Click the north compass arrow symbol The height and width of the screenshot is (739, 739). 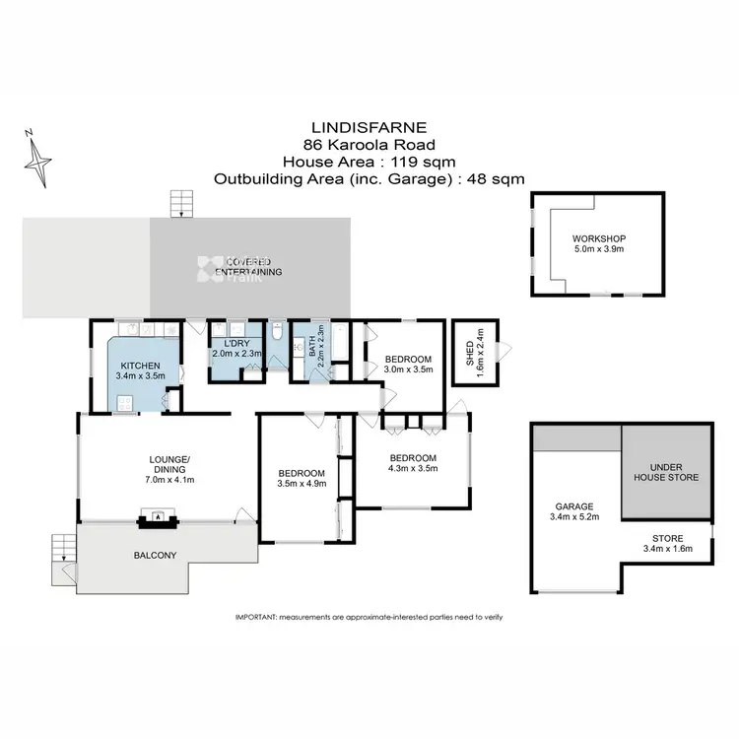click(x=39, y=159)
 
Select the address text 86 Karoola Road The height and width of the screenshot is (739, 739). click(x=369, y=145)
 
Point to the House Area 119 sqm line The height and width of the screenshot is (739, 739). click(x=369, y=162)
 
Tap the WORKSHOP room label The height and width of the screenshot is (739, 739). click(x=598, y=239)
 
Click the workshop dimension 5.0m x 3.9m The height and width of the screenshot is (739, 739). click(x=598, y=251)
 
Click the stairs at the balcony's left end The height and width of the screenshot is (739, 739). click(x=62, y=553)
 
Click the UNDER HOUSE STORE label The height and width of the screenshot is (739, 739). click(x=667, y=471)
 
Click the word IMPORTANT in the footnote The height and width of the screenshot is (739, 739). click(x=256, y=617)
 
